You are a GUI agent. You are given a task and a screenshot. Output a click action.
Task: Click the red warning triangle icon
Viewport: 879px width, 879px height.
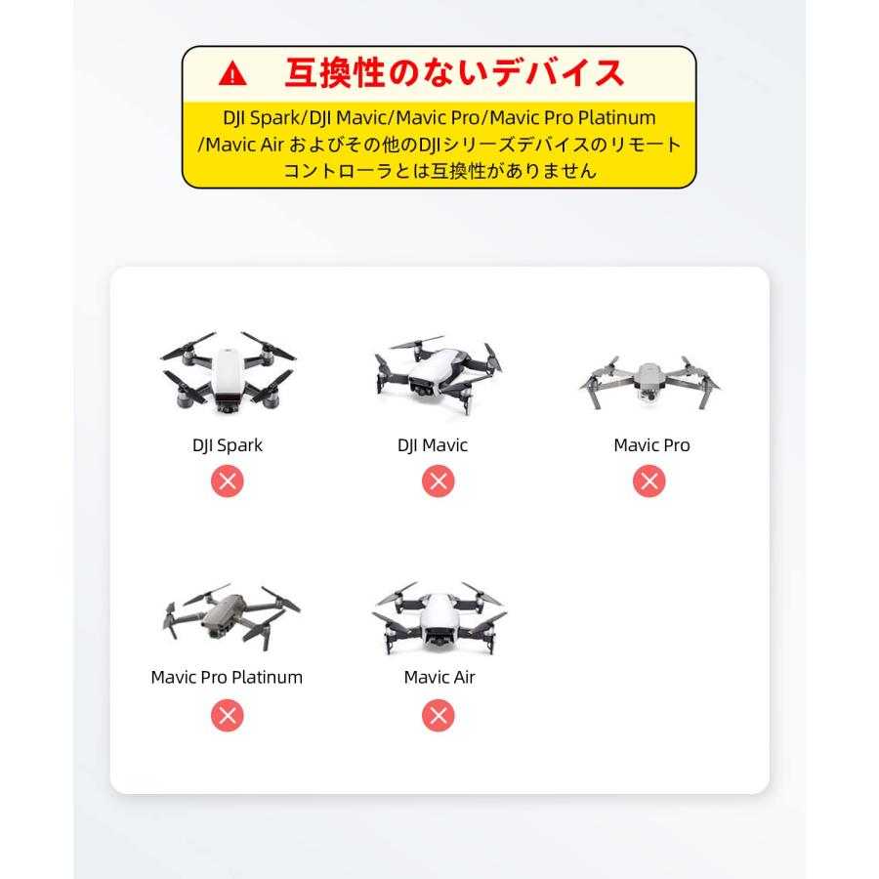point(232,73)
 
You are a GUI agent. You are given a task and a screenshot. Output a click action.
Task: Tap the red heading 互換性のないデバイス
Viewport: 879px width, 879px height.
point(454,72)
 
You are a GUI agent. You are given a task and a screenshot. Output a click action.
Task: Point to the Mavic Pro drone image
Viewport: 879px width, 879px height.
point(649,381)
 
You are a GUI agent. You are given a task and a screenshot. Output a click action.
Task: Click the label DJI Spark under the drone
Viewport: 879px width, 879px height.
point(228,445)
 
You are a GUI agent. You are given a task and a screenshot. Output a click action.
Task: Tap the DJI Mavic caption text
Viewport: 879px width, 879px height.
point(433,445)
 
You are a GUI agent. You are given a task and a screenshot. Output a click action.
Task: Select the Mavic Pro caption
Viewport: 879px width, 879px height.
point(651,445)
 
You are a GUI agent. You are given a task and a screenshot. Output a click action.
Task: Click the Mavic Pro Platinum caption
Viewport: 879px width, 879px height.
point(227,677)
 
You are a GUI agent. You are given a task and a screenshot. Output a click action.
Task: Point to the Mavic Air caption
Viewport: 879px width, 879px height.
point(439,677)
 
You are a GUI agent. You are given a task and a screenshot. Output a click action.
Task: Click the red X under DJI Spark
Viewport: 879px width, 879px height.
point(228,481)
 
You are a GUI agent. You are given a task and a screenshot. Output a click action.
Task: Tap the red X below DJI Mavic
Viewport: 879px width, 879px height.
point(439,481)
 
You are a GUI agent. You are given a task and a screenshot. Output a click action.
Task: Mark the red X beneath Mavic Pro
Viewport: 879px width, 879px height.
point(649,481)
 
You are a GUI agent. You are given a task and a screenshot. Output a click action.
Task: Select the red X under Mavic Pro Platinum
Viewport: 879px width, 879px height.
point(228,716)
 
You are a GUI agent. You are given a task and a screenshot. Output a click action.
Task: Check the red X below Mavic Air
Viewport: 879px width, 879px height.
point(439,716)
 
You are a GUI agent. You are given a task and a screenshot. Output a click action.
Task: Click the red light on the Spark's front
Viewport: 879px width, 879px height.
point(228,400)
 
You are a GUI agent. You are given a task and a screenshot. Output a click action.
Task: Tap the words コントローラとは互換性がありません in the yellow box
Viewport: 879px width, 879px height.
point(439,170)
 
